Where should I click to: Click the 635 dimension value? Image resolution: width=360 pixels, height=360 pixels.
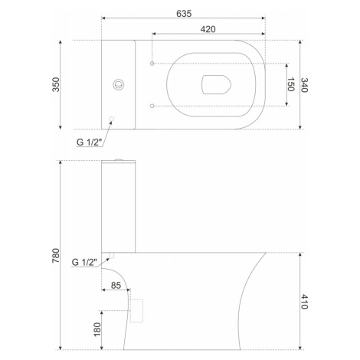(184, 14)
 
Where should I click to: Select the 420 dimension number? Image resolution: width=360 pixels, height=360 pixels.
(208, 29)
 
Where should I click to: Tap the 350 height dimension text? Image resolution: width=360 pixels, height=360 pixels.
(56, 84)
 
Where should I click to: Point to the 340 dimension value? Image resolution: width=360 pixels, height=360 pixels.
(304, 85)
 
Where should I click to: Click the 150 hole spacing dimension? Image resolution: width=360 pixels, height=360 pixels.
(291, 84)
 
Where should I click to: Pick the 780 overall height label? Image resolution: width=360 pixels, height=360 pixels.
(56, 255)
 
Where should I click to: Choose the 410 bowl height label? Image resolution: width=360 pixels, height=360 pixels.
(304, 302)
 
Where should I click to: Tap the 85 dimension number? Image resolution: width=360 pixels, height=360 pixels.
(116, 285)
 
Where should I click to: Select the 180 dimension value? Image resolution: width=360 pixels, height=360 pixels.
(97, 329)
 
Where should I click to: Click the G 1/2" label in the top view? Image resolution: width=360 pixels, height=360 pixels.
(88, 142)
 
